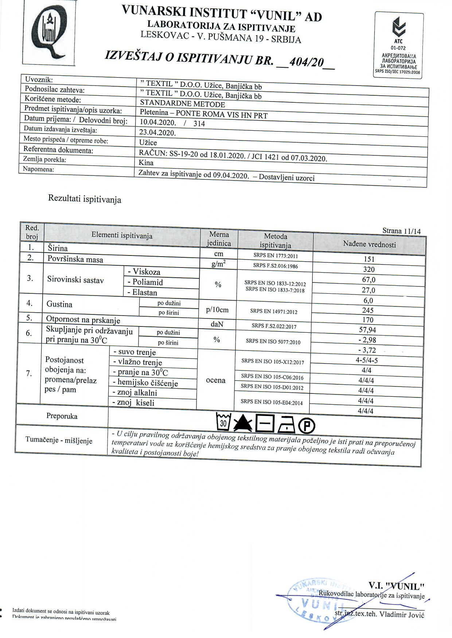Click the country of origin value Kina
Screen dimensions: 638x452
146,162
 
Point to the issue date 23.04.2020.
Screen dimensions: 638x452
157,132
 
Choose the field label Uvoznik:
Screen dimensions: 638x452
39,79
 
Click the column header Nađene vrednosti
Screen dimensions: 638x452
369,244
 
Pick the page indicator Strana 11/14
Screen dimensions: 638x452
401,231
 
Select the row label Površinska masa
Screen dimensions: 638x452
75,259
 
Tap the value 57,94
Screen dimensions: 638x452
367,330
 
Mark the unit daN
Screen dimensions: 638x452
217,324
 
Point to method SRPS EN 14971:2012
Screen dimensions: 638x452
274,312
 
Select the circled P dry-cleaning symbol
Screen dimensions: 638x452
307,425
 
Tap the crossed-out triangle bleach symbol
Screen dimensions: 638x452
243,423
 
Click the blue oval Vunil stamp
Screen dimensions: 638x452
316,601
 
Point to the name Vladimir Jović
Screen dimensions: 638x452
402,614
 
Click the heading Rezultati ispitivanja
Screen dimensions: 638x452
85,199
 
